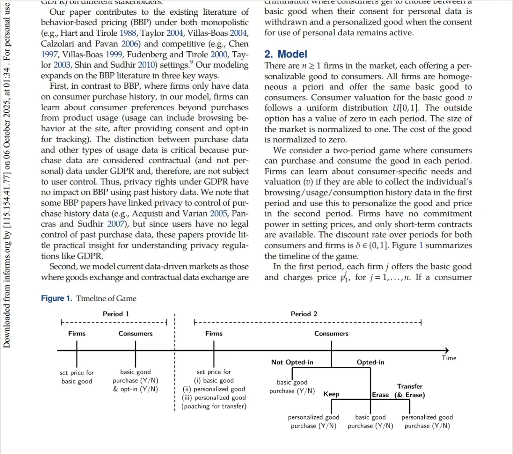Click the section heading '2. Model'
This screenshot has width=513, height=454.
[x=286, y=54]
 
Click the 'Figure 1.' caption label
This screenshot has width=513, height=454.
[x=56, y=298]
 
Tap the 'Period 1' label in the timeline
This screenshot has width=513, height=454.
[x=116, y=314]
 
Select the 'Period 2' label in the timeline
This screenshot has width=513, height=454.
[x=304, y=314]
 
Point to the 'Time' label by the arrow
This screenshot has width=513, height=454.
[x=449, y=358]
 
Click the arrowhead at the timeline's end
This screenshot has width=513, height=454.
[x=447, y=350]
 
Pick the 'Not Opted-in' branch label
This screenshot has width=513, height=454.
[x=292, y=362]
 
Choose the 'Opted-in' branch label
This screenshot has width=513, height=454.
[x=370, y=362]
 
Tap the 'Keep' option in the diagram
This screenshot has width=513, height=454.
[x=331, y=394]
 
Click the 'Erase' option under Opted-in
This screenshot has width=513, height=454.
[x=380, y=395]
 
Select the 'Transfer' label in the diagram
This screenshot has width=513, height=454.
[x=410, y=386]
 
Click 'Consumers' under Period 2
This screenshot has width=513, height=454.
[x=331, y=334]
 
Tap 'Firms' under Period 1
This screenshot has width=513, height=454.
[x=77, y=334]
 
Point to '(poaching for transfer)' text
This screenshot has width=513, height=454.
[x=214, y=406]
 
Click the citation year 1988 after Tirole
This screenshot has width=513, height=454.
[x=128, y=33]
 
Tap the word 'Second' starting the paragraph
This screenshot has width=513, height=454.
[x=63, y=267]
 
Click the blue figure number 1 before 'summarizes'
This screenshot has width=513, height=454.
[x=421, y=245]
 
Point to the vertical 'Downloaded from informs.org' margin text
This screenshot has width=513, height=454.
[x=7, y=177]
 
